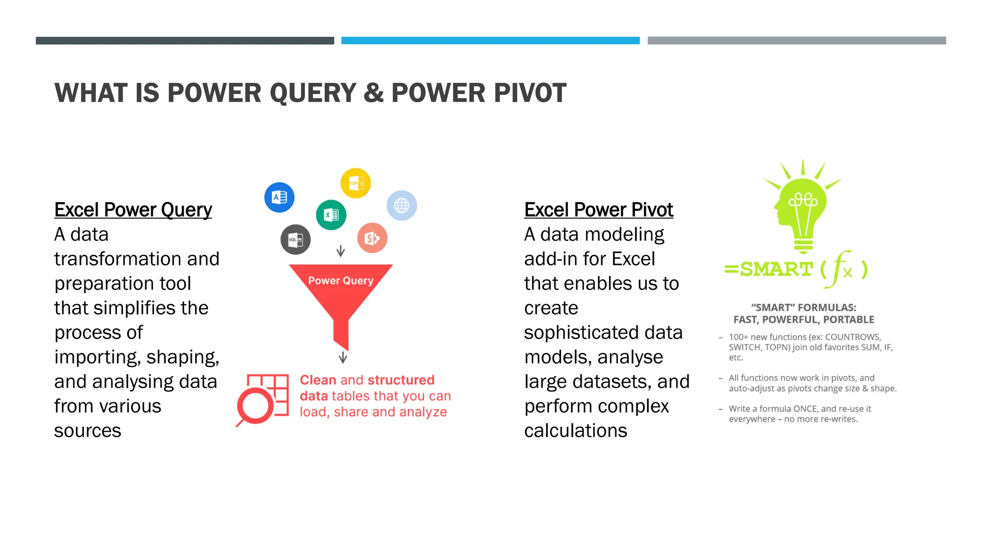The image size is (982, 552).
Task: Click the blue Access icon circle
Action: [x=279, y=197]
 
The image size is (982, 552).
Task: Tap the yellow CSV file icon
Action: [x=355, y=183]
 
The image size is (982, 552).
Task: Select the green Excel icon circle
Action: [x=331, y=215]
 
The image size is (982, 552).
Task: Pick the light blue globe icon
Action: [x=401, y=206]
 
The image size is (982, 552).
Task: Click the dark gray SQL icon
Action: [x=295, y=239]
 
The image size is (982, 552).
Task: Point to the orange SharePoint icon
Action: [x=372, y=238]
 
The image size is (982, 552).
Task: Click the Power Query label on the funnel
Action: [x=340, y=280]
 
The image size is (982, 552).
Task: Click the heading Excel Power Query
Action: [x=133, y=210]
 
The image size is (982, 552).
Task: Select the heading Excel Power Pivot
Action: [x=598, y=210]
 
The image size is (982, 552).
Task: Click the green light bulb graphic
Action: [x=803, y=206]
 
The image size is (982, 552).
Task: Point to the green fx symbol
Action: [x=842, y=269]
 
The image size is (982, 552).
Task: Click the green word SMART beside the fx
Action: [x=776, y=269]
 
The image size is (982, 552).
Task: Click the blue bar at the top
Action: [x=490, y=41]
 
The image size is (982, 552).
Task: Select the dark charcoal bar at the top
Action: [x=185, y=41]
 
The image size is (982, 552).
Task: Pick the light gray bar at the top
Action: [x=796, y=41]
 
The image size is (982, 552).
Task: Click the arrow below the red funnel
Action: [x=343, y=357]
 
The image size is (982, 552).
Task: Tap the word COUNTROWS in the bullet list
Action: [x=853, y=337]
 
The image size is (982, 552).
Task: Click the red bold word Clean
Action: [x=318, y=380]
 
